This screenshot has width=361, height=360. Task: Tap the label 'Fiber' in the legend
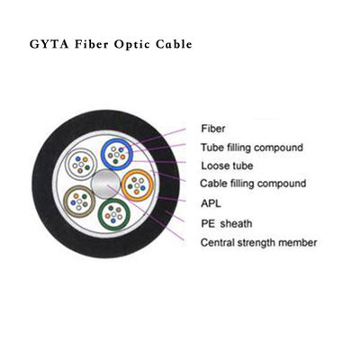pyautogui.click(x=212, y=130)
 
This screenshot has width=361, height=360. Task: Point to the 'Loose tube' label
pyautogui.click(x=227, y=166)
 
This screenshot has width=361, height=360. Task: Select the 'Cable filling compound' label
pyautogui.click(x=253, y=184)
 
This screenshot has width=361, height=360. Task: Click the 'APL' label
pyautogui.click(x=211, y=202)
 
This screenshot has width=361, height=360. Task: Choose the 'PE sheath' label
pyautogui.click(x=226, y=222)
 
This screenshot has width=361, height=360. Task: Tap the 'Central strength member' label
pyautogui.click(x=257, y=242)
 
